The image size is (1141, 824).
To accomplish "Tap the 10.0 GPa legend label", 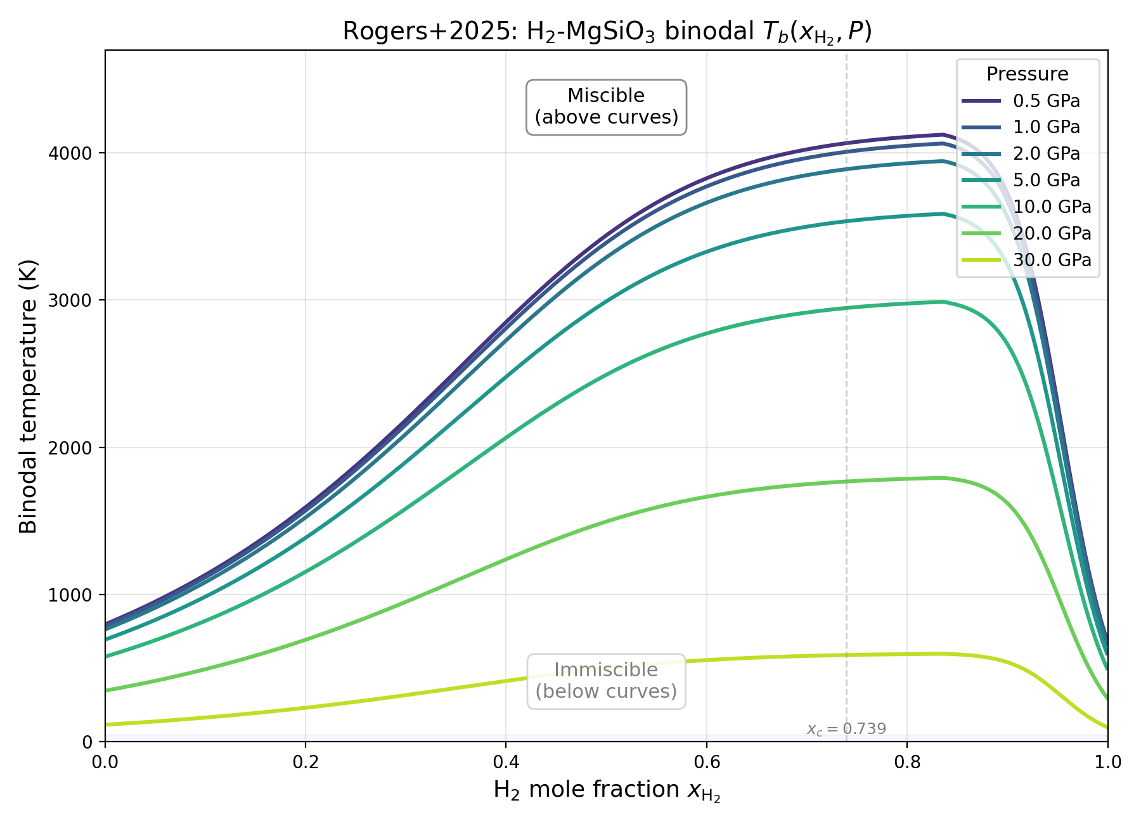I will click(1052, 207).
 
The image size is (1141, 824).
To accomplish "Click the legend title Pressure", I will click(1027, 74).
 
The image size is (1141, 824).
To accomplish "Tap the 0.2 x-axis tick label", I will click(305, 761).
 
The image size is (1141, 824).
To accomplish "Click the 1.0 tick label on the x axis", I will click(1107, 761).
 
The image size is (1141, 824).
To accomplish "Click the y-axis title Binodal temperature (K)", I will click(29, 396).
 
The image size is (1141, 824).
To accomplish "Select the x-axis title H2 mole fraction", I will click(607, 790).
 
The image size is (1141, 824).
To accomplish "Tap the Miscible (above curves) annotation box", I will click(606, 106).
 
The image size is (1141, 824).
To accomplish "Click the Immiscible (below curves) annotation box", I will click(606, 681).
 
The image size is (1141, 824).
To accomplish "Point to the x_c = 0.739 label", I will click(846, 729).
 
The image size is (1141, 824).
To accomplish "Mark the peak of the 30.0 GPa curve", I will click(943, 653).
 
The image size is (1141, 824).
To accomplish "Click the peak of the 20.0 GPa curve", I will click(943, 478).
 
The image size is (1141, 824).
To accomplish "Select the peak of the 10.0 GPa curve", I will click(943, 302).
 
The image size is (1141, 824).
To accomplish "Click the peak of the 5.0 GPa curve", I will click(943, 214).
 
